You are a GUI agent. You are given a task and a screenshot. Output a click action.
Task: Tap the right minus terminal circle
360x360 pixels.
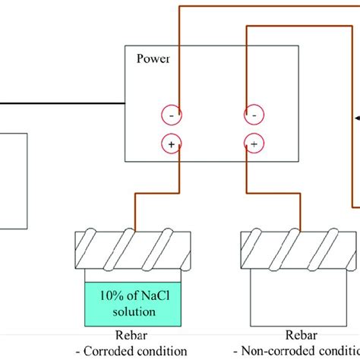[254, 115]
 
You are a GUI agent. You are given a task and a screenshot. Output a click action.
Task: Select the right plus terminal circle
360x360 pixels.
[254, 143]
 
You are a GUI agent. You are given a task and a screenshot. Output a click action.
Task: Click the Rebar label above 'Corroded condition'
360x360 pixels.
[131, 336]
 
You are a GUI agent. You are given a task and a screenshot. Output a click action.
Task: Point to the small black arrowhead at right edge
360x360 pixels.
[356, 118]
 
